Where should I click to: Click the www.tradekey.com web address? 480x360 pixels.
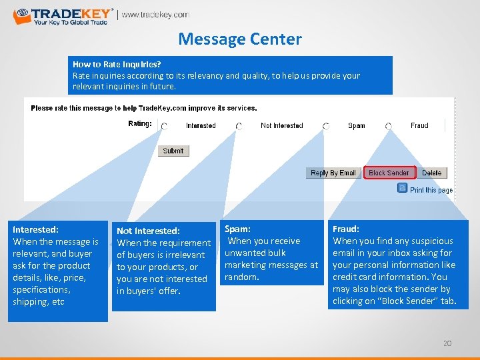pos(155,15)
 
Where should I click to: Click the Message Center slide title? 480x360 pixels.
pos(240,39)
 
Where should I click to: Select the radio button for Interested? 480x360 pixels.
pos(165,125)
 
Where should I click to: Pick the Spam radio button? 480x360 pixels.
pos(326,125)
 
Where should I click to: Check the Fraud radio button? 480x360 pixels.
pos(388,125)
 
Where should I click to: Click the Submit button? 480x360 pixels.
pos(173,151)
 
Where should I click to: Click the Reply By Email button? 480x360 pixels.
pos(333,173)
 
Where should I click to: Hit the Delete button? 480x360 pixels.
pos(431,173)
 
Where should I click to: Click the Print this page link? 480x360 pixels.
pos(431,190)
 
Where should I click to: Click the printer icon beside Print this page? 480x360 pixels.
pos(402,189)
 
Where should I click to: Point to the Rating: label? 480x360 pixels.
pos(140,123)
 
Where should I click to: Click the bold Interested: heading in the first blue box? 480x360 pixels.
pos(36,229)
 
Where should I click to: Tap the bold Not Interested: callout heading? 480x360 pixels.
pos(148,231)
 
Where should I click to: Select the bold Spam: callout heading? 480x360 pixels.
pos(237,229)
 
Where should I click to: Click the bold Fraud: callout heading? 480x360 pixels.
pos(345,229)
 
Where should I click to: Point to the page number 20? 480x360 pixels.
pos(447,343)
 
